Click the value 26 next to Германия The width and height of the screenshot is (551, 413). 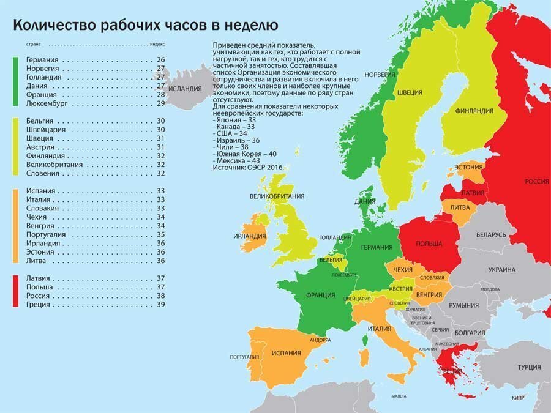coord(161,60)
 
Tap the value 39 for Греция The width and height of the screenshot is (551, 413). coord(161,304)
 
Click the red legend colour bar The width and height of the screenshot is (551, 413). coord(16,291)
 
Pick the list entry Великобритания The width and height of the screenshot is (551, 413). coord(56,165)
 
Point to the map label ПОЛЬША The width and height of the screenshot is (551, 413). coord(429,244)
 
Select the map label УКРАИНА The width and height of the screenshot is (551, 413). coord(501,270)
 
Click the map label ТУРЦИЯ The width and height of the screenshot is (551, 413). coord(528,367)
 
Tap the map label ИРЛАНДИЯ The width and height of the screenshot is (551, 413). coord(252,236)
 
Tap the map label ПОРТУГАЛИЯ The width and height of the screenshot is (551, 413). coord(242,357)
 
